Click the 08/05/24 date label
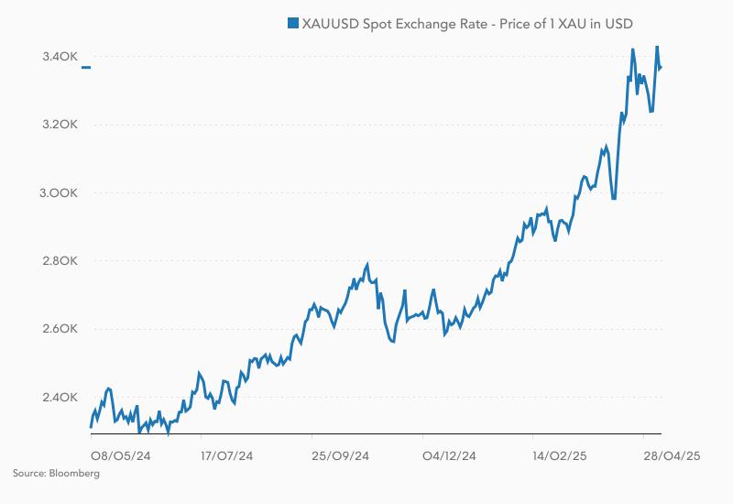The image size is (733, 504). click(x=120, y=455)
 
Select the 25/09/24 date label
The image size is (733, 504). click(x=340, y=455)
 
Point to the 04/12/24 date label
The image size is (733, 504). click(x=449, y=455)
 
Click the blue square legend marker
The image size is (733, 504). click(x=293, y=23)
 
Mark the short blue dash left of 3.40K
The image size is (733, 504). click(x=85, y=67)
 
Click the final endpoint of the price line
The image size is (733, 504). click(x=661, y=67)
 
